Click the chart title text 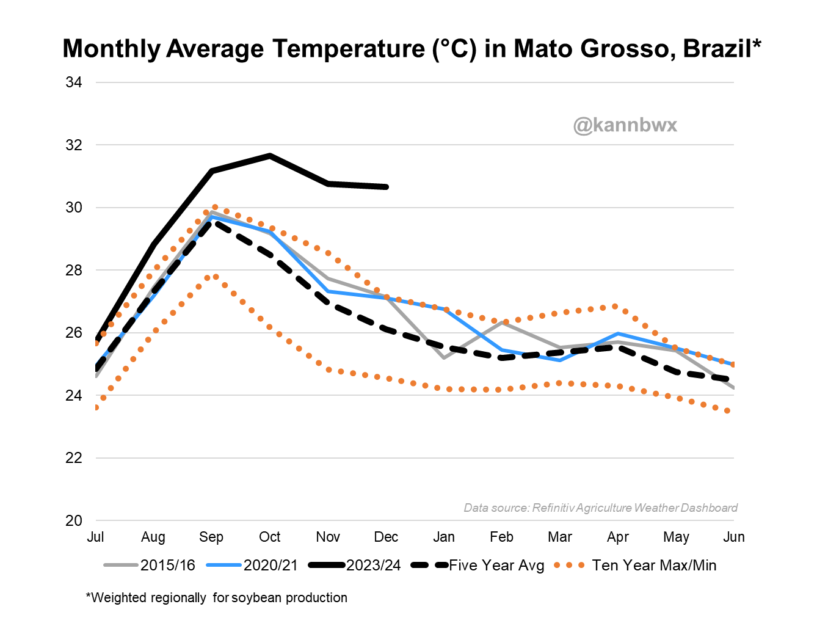click(x=412, y=49)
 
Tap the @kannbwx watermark click(x=625, y=125)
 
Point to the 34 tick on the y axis click(x=74, y=82)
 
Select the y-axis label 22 click(x=74, y=458)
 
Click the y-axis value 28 click(x=74, y=270)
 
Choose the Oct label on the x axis click(x=269, y=537)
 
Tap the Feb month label click(x=501, y=537)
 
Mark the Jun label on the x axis click(x=733, y=537)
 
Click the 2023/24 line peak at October click(x=270, y=156)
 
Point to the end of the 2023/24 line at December click(x=386, y=187)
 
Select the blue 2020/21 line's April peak click(x=618, y=333)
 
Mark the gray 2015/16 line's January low click(x=444, y=357)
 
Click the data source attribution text click(x=600, y=508)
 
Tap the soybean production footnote click(x=217, y=598)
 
